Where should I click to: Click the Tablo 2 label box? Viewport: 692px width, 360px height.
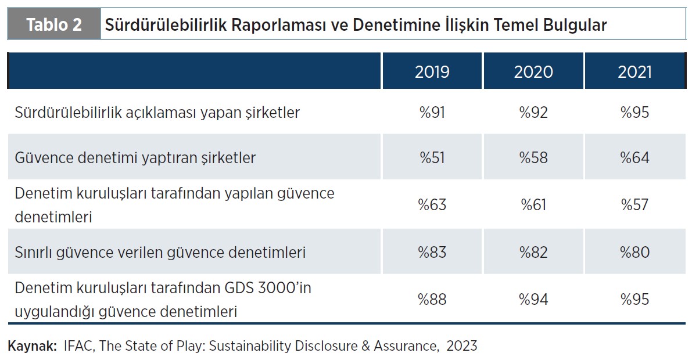tap(53, 25)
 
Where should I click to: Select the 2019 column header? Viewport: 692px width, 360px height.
tap(432, 71)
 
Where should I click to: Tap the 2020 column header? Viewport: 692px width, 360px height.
tap(533, 71)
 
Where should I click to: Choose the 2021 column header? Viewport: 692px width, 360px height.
tap(634, 71)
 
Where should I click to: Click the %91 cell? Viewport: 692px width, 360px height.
tap(432, 112)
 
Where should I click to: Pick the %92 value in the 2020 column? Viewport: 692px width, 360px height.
tap(533, 112)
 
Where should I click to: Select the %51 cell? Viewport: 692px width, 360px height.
tap(432, 158)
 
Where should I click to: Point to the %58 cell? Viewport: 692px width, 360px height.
tap(533, 158)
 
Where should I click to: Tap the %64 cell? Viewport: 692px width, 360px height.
tap(634, 158)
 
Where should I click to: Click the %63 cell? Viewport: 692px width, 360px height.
tap(432, 205)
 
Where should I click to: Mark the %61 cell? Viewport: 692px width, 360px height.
tap(533, 205)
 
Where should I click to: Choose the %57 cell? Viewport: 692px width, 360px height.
tap(634, 205)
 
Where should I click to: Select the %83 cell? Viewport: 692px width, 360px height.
tap(432, 253)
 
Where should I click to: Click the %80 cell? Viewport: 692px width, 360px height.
tap(634, 253)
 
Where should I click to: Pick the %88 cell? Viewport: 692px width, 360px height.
tap(432, 300)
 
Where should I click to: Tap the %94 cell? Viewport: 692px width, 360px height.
tap(533, 300)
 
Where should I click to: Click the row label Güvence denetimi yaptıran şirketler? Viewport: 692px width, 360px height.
tap(135, 158)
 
